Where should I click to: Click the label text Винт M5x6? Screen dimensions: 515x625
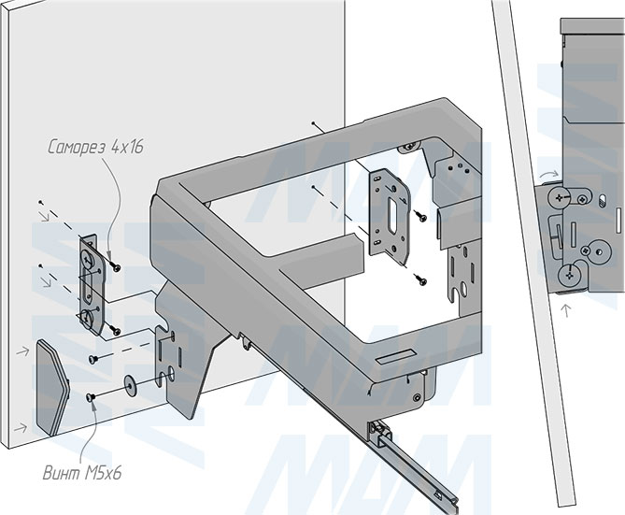[x=81, y=473]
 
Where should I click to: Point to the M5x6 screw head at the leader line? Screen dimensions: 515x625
[x=92, y=399]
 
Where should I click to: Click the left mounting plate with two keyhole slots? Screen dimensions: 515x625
[x=89, y=280]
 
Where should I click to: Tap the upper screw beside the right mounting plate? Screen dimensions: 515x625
[x=422, y=216]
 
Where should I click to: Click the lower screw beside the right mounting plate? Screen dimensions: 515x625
[x=420, y=278]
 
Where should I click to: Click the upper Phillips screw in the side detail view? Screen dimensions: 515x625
[x=560, y=197]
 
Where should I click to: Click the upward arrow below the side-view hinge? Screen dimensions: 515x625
[x=565, y=308]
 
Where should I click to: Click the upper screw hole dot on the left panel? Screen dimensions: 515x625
[x=40, y=203]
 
